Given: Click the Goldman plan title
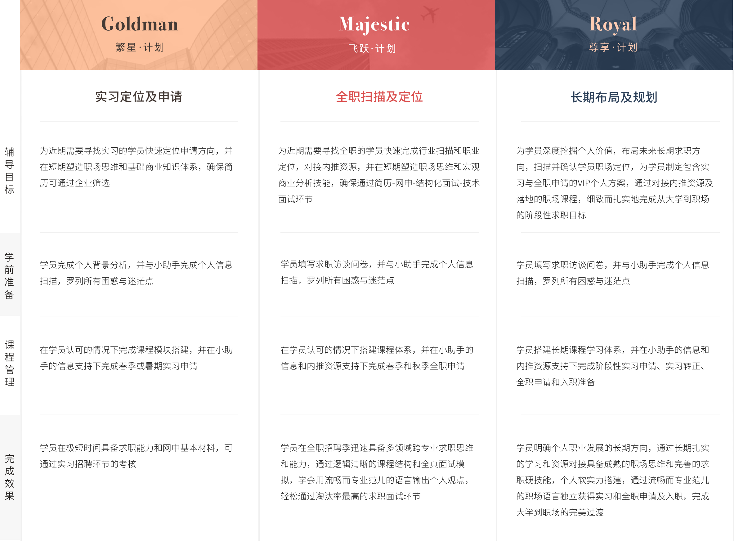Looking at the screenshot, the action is click(140, 24).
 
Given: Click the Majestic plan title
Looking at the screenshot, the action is click(374, 25).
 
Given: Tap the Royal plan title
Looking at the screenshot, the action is click(613, 25).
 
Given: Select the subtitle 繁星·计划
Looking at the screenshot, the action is click(140, 47).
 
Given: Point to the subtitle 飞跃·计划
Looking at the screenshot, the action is click(372, 48).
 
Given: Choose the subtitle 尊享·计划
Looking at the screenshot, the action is click(613, 47).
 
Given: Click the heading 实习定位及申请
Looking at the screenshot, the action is click(139, 96).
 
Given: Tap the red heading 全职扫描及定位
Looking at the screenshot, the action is click(379, 96).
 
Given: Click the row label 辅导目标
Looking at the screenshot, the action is click(9, 171).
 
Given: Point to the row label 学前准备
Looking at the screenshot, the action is click(9, 276).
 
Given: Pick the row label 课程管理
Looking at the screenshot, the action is click(10, 363).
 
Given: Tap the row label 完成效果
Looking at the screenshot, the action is click(10, 477).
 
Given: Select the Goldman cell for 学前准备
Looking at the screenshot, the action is click(136, 273).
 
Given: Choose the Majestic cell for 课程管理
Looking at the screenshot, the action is click(377, 358).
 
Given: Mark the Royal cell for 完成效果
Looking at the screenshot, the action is click(613, 480).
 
